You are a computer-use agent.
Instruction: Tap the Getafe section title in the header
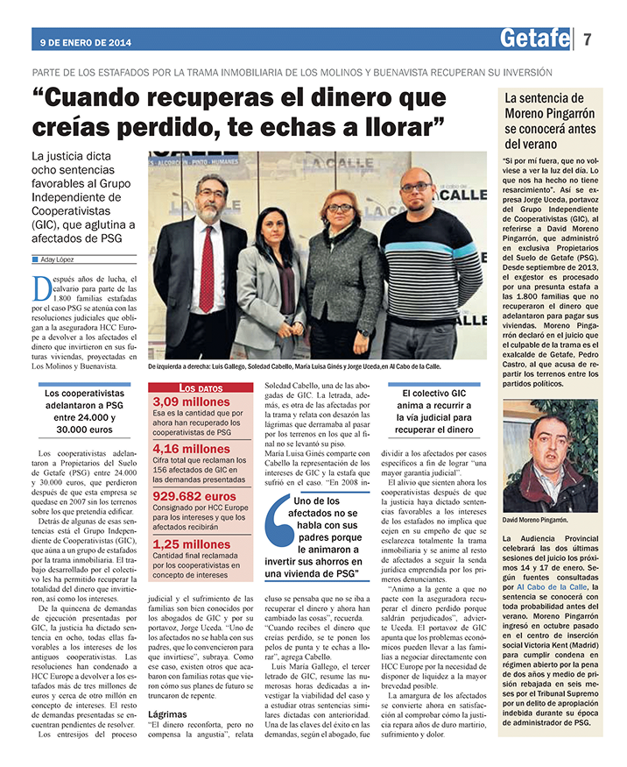tap(535, 38)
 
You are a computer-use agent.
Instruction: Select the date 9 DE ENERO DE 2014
tap(85, 41)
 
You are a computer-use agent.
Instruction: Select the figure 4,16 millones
tap(192, 449)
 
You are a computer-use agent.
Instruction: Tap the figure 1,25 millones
tap(192, 543)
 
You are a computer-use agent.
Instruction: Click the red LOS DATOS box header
tap(200, 387)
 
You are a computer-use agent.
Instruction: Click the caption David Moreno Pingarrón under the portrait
tap(535, 519)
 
